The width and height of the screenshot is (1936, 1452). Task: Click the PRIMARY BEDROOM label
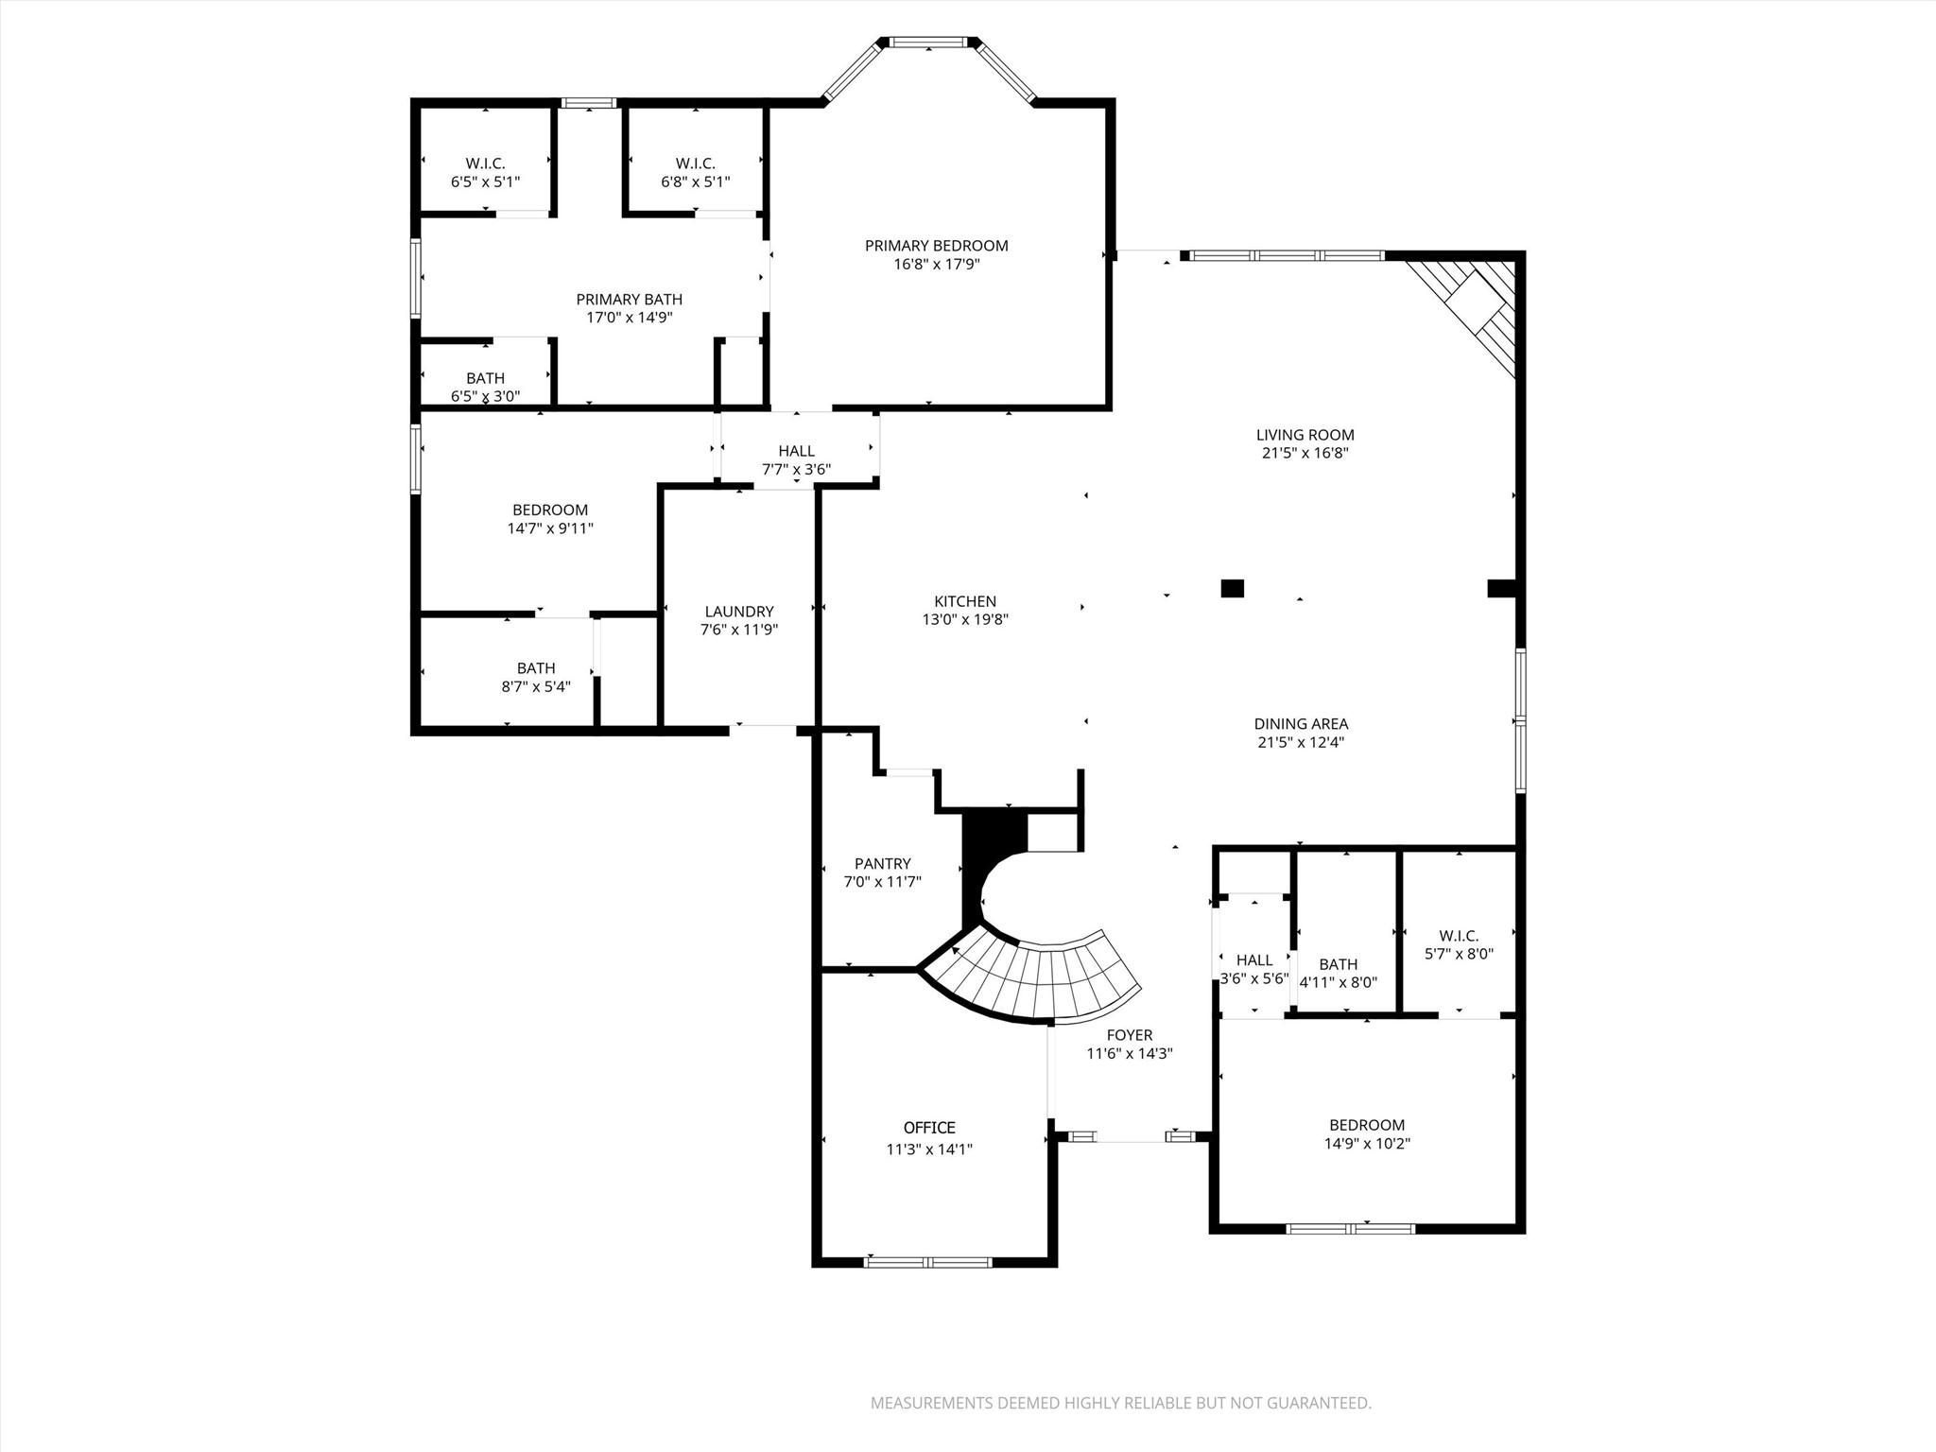[936, 246]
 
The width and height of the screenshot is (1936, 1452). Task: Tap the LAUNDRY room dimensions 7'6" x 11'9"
[738, 630]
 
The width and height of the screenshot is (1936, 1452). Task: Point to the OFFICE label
[929, 1128]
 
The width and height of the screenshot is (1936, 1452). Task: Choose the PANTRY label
[882, 863]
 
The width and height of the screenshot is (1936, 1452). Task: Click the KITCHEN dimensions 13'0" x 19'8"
[965, 620]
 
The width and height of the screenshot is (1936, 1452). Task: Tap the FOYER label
[1129, 1035]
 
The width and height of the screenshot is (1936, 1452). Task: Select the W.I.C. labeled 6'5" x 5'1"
[485, 172]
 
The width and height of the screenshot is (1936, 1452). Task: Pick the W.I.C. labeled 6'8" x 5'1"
[695, 172]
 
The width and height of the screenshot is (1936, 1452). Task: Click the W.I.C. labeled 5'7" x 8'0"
[1459, 944]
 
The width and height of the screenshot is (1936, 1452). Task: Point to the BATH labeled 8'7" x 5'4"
[535, 677]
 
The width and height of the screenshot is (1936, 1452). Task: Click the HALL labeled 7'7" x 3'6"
[796, 459]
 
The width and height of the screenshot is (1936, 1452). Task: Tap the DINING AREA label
[1301, 724]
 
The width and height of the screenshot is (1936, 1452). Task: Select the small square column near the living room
[1232, 588]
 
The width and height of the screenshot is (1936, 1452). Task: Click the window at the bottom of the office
[928, 1262]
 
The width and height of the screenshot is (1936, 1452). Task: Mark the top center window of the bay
[929, 42]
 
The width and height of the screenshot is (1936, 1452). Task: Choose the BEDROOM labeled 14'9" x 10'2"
[1366, 1133]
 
